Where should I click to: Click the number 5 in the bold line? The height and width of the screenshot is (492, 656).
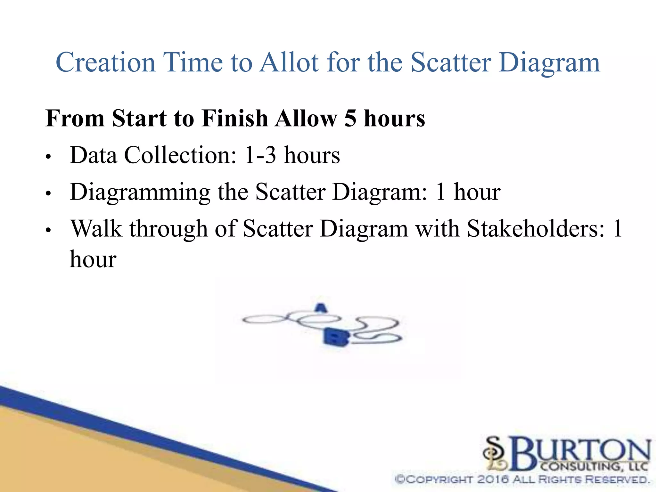pos(350,119)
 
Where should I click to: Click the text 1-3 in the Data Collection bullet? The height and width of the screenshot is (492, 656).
pos(260,155)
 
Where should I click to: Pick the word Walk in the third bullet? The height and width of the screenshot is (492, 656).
pos(96,229)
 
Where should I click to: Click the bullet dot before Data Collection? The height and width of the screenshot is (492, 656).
pos(48,157)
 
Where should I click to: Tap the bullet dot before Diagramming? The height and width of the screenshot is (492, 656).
pos(48,194)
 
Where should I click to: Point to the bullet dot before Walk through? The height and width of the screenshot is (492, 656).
pos(48,230)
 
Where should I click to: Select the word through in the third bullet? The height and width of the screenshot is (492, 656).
pos(168,229)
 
